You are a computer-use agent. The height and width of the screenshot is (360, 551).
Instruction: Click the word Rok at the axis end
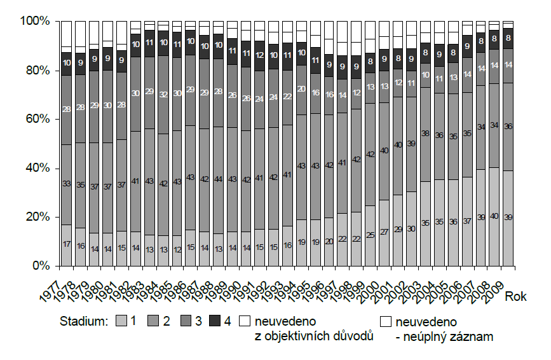516,296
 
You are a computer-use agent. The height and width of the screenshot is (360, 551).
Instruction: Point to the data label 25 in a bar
370,235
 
